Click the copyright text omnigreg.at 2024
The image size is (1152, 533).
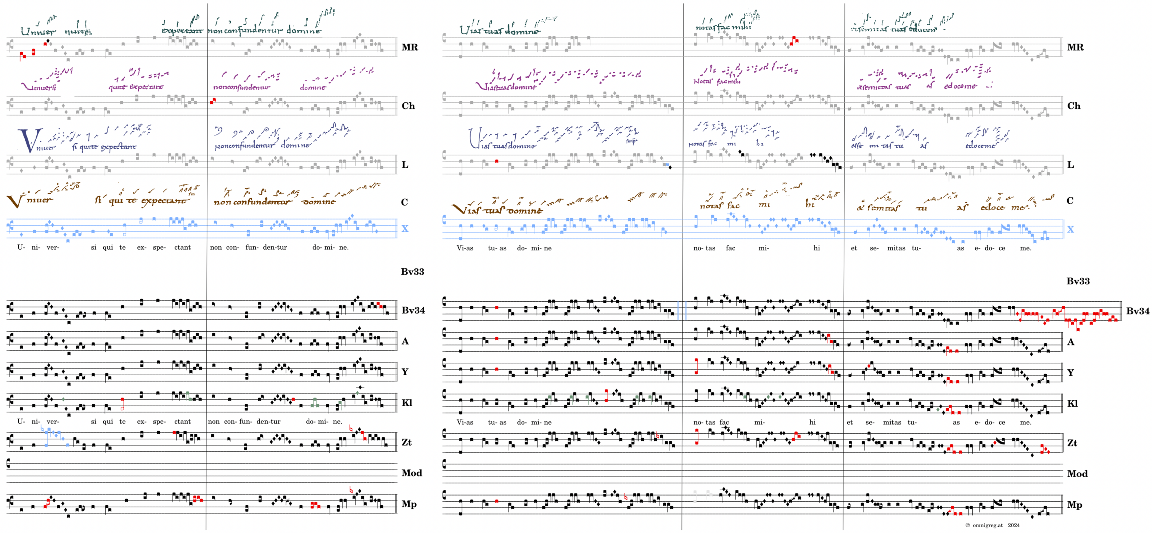coord(992,525)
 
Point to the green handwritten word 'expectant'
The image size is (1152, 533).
coord(182,31)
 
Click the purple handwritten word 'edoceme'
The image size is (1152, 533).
coord(960,86)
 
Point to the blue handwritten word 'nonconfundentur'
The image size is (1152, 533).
coord(244,146)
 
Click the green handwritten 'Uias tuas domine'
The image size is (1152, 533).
coord(499,31)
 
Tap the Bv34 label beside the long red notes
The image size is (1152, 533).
coord(1137,311)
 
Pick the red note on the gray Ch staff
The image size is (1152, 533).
coord(213,101)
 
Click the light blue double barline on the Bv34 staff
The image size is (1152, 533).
coord(682,310)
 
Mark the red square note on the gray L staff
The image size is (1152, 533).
coord(496,161)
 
